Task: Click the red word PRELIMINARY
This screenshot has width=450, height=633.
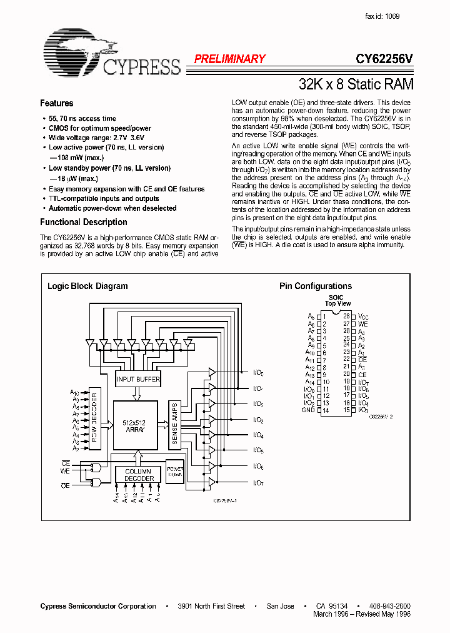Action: click(x=229, y=59)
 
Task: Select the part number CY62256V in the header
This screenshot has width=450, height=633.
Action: click(x=384, y=59)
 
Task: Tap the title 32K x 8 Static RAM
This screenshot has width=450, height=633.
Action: click(x=356, y=83)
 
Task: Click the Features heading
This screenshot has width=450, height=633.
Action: click(x=56, y=104)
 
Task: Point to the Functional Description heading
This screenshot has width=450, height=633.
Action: click(x=83, y=222)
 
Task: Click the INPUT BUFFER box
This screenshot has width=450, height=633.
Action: click(x=138, y=379)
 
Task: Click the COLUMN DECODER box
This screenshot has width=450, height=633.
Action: click(x=139, y=475)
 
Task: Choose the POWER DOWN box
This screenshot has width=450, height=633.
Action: click(x=174, y=470)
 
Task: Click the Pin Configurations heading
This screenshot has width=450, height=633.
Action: click(x=315, y=286)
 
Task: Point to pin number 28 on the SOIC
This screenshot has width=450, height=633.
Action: click(x=346, y=316)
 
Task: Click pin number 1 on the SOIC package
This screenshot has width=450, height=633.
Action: click(x=325, y=316)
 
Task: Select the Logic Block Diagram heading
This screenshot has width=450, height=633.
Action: click(x=87, y=286)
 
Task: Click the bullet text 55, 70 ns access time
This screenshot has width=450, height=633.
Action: click(x=82, y=118)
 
